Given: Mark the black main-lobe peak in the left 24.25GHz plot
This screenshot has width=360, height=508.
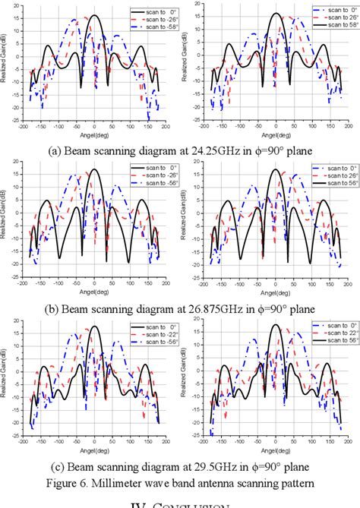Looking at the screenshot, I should [x=94, y=15].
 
